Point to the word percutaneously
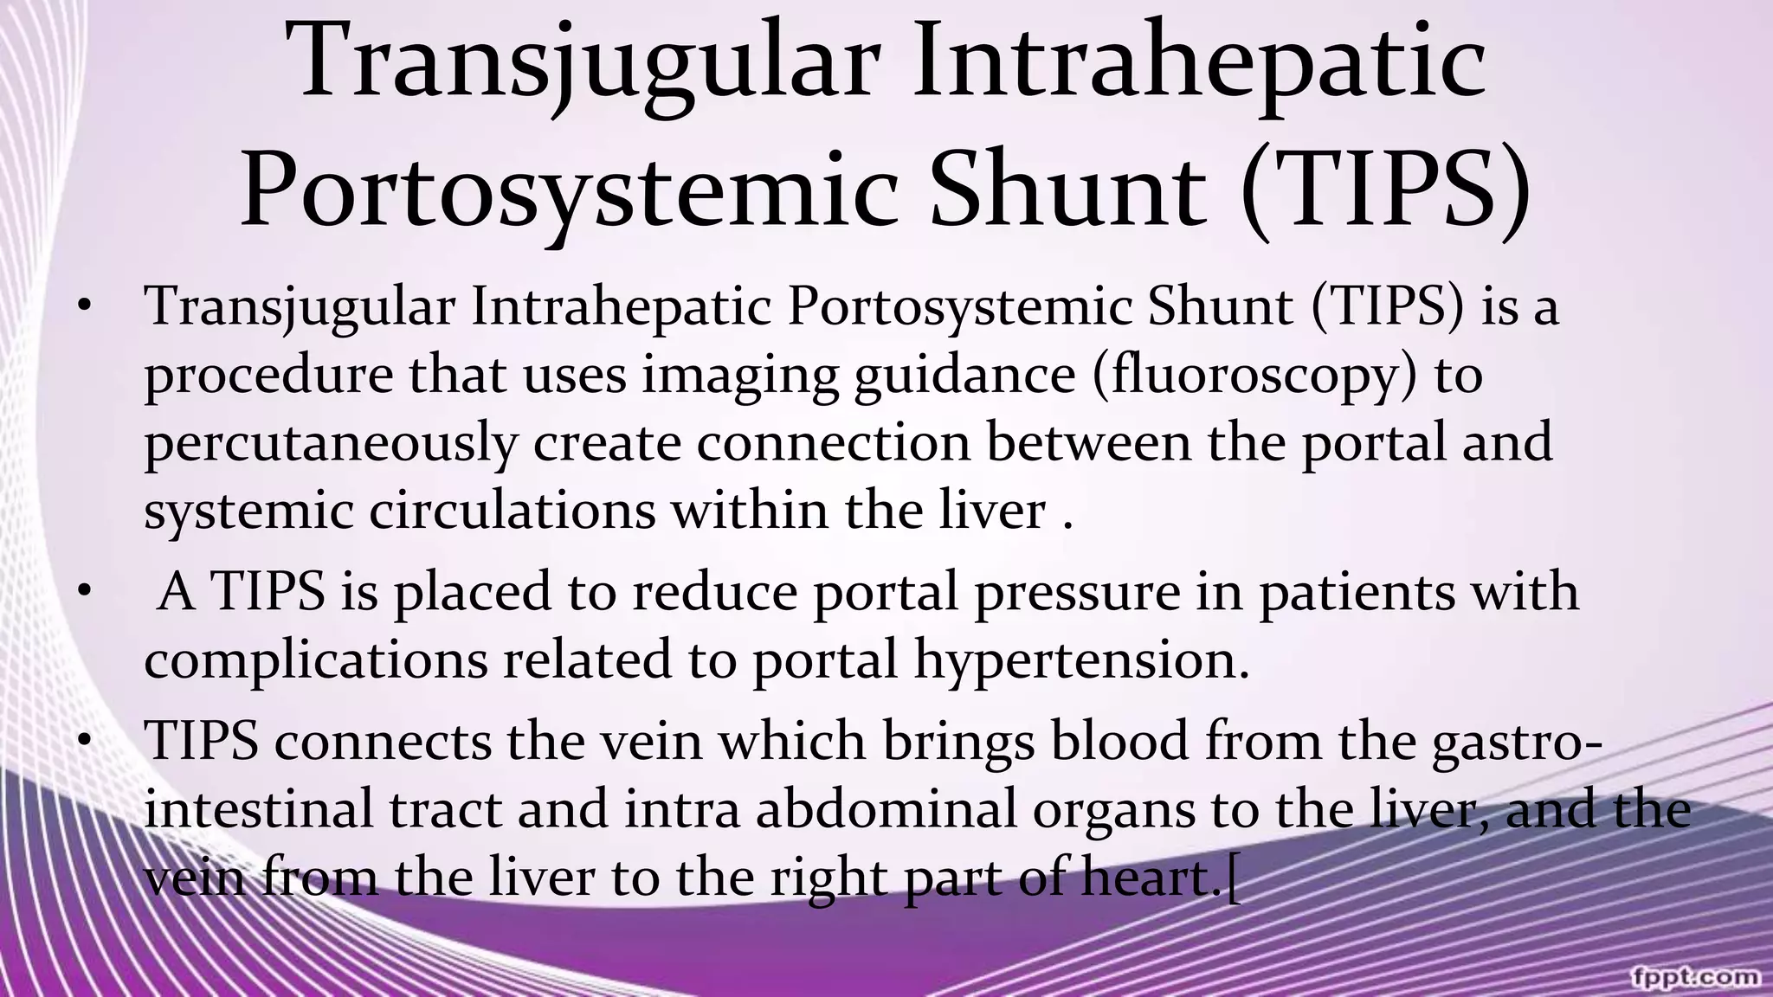pos(330,445)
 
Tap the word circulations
pos(513,511)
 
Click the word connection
pos(833,443)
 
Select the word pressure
pos(1077,594)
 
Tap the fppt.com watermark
pos(1694,976)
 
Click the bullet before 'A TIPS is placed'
pos(83,592)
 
